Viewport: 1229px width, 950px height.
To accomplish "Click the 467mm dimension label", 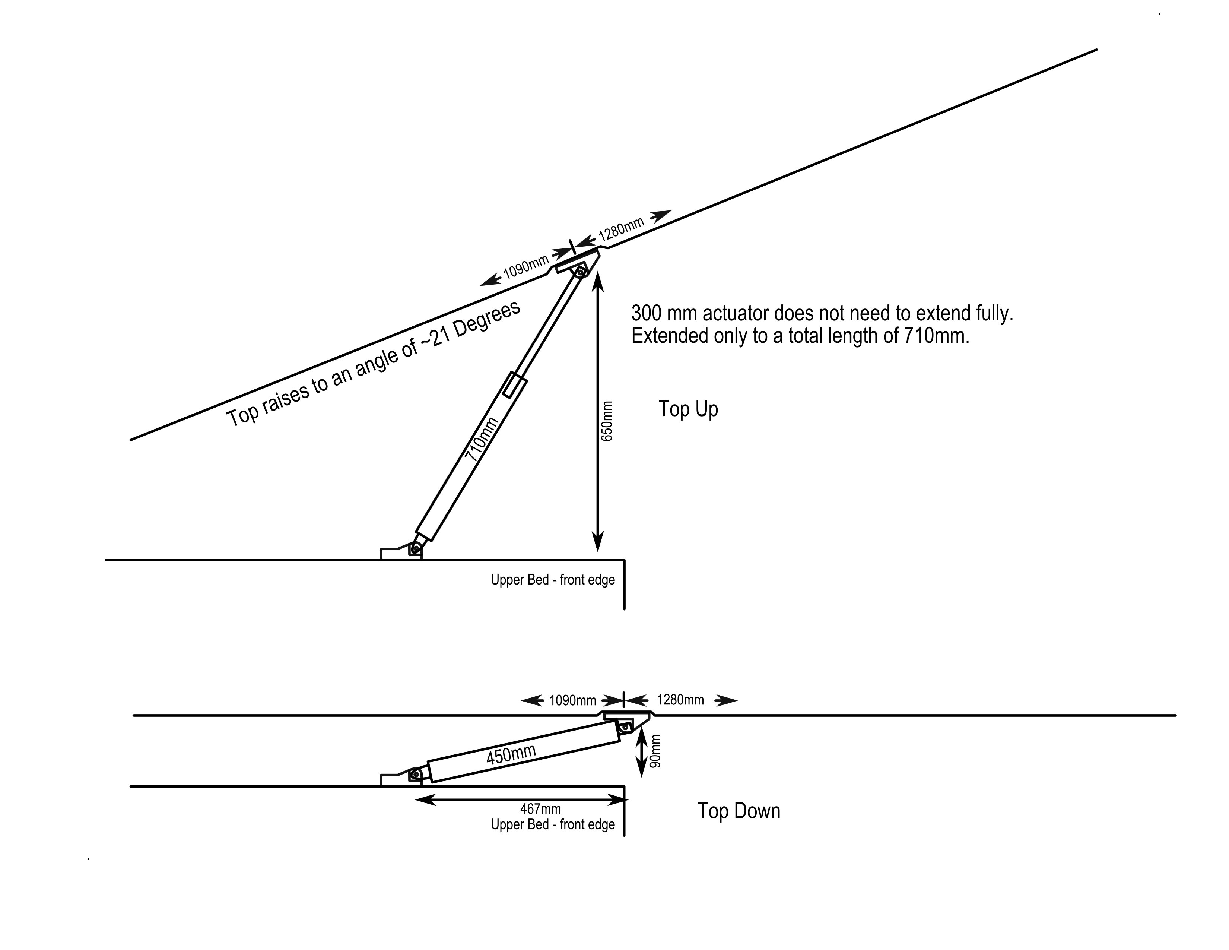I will click(540, 809).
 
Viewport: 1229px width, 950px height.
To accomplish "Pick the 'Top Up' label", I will click(688, 409).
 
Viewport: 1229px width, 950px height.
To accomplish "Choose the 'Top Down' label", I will click(739, 811).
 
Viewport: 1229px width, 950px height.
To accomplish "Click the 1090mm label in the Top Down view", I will click(572, 701).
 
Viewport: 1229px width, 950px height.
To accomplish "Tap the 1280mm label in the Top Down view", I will click(680, 700).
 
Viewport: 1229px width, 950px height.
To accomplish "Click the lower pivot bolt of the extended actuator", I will click(416, 548).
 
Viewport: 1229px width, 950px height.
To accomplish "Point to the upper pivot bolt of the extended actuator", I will click(580, 273).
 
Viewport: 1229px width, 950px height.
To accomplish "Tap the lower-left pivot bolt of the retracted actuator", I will click(416, 775).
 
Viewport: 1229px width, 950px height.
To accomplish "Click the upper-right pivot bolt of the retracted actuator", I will click(625, 727).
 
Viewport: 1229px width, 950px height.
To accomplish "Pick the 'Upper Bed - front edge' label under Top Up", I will click(553, 580).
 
